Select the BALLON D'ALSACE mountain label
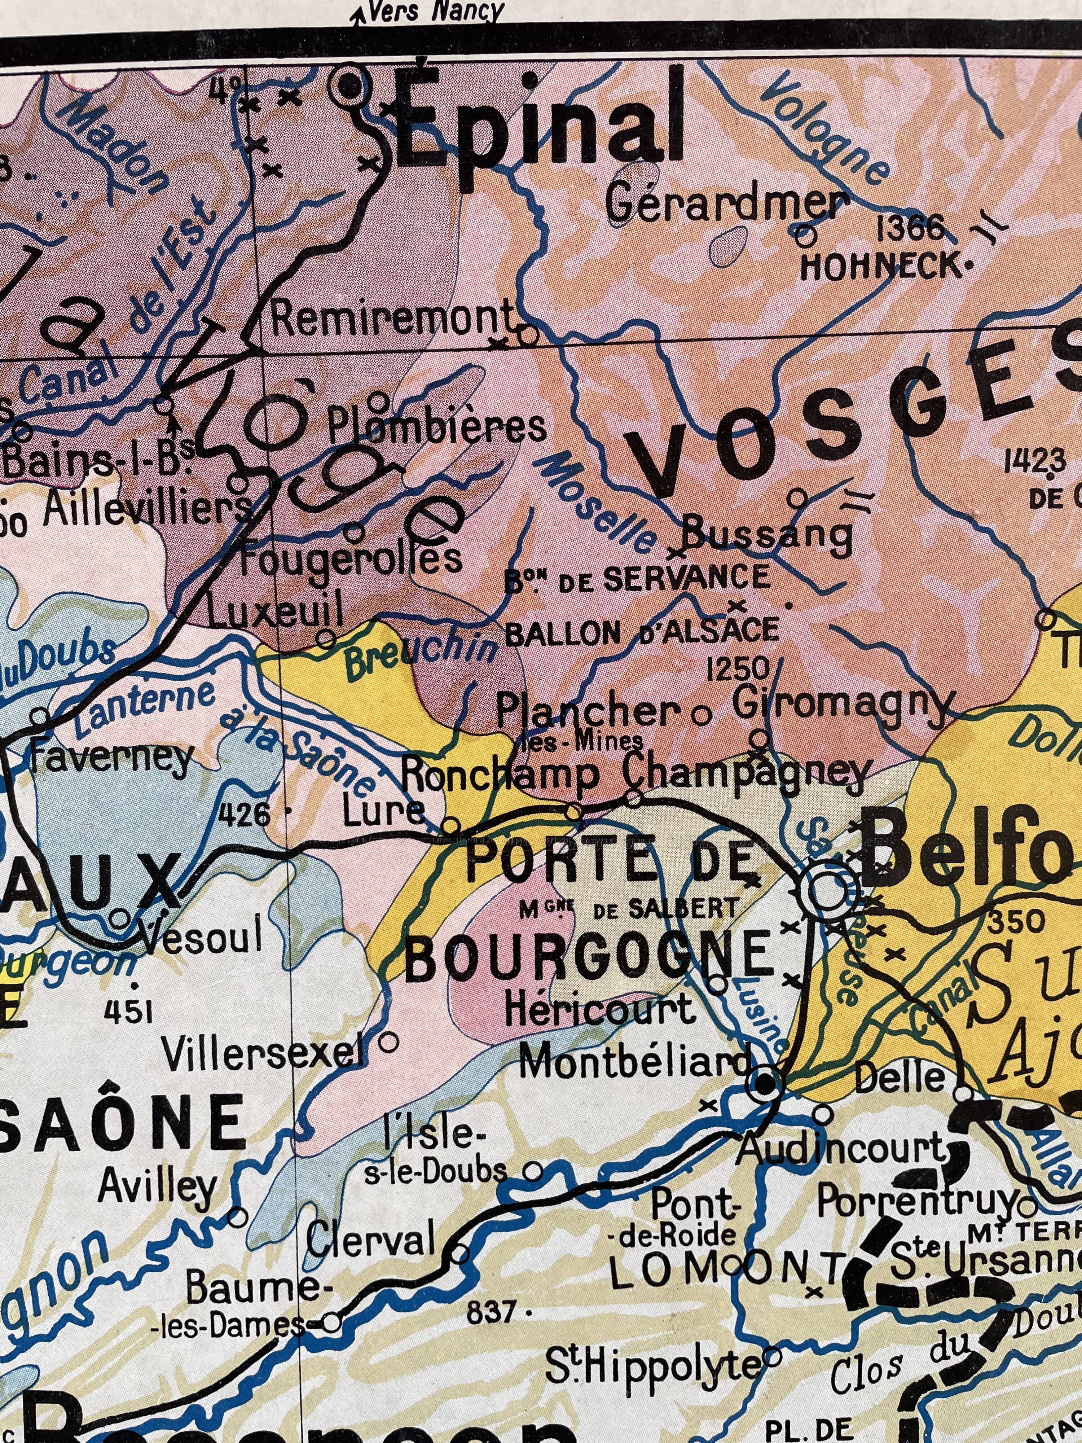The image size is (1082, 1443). [x=642, y=631]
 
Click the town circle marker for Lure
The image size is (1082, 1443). [x=451, y=826]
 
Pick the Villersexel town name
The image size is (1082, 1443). [x=264, y=1052]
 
